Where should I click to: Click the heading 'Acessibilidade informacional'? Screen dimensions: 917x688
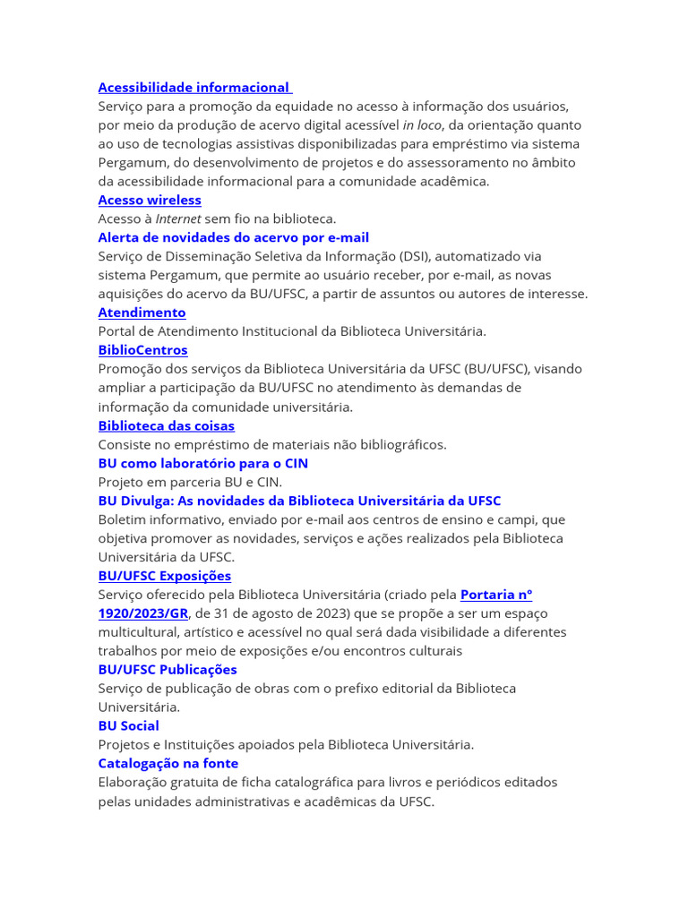[x=194, y=88]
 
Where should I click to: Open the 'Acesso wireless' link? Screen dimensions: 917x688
[x=150, y=200]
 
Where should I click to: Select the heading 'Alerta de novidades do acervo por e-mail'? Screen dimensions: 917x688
[x=233, y=237]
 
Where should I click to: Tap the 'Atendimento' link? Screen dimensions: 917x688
[x=142, y=313]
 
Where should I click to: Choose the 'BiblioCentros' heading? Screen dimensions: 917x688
[x=142, y=350]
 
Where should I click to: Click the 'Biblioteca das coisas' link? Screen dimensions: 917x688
[x=166, y=425]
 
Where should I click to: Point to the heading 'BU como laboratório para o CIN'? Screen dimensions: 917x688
[x=202, y=463]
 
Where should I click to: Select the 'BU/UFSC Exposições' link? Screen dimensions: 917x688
[x=164, y=576]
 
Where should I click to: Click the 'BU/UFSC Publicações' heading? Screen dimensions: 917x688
[x=168, y=670]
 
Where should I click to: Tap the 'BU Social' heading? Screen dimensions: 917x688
[x=128, y=726]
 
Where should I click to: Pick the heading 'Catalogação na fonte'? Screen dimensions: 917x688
[x=168, y=764]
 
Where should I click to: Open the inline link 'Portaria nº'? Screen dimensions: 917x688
[x=496, y=595]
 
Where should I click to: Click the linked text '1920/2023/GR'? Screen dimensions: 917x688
[x=142, y=613]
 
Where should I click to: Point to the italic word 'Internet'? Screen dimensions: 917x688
[x=178, y=219]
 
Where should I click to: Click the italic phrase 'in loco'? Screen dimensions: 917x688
[x=421, y=125]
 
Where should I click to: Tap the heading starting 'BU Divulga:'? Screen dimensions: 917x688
[x=299, y=501]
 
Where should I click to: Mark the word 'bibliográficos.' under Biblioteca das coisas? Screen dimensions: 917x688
[x=397, y=444]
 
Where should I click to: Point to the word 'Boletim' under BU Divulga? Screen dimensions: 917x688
[x=123, y=519]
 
